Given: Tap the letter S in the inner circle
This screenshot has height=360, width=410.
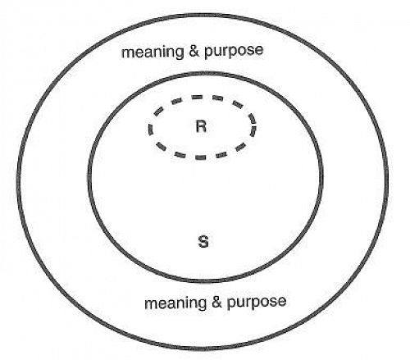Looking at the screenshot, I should (x=204, y=242).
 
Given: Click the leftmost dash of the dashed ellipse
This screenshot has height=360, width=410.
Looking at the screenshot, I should (x=150, y=128).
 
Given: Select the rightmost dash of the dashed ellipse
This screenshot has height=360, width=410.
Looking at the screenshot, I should (x=254, y=125).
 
